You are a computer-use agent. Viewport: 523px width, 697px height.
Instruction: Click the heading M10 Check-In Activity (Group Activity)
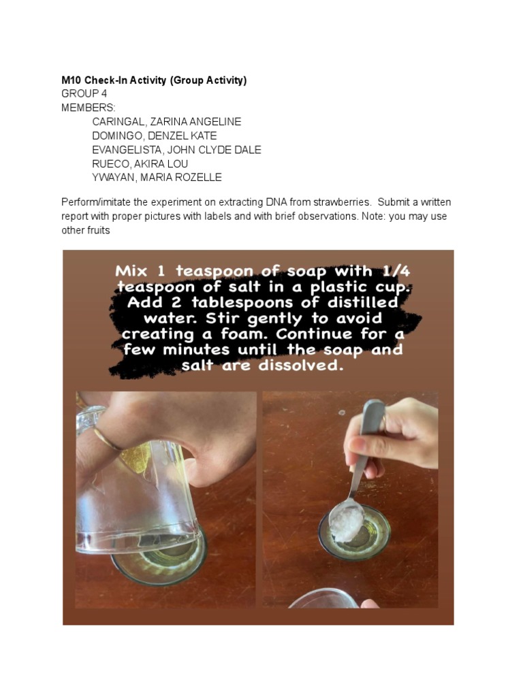point(154,80)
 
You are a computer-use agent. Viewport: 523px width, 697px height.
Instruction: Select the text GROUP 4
point(84,93)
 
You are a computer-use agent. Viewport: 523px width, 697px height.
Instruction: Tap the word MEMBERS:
point(89,108)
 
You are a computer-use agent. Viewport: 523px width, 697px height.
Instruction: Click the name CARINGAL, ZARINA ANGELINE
point(166,122)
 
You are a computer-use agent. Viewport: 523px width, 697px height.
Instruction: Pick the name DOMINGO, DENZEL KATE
point(154,136)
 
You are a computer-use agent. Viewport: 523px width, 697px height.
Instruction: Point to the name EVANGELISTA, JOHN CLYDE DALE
point(176,150)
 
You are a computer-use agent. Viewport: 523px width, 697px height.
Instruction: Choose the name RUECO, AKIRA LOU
point(140,164)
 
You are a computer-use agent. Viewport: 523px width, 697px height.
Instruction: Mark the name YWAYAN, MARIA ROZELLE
point(157,178)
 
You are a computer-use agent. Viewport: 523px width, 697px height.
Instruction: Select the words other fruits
point(85,230)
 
